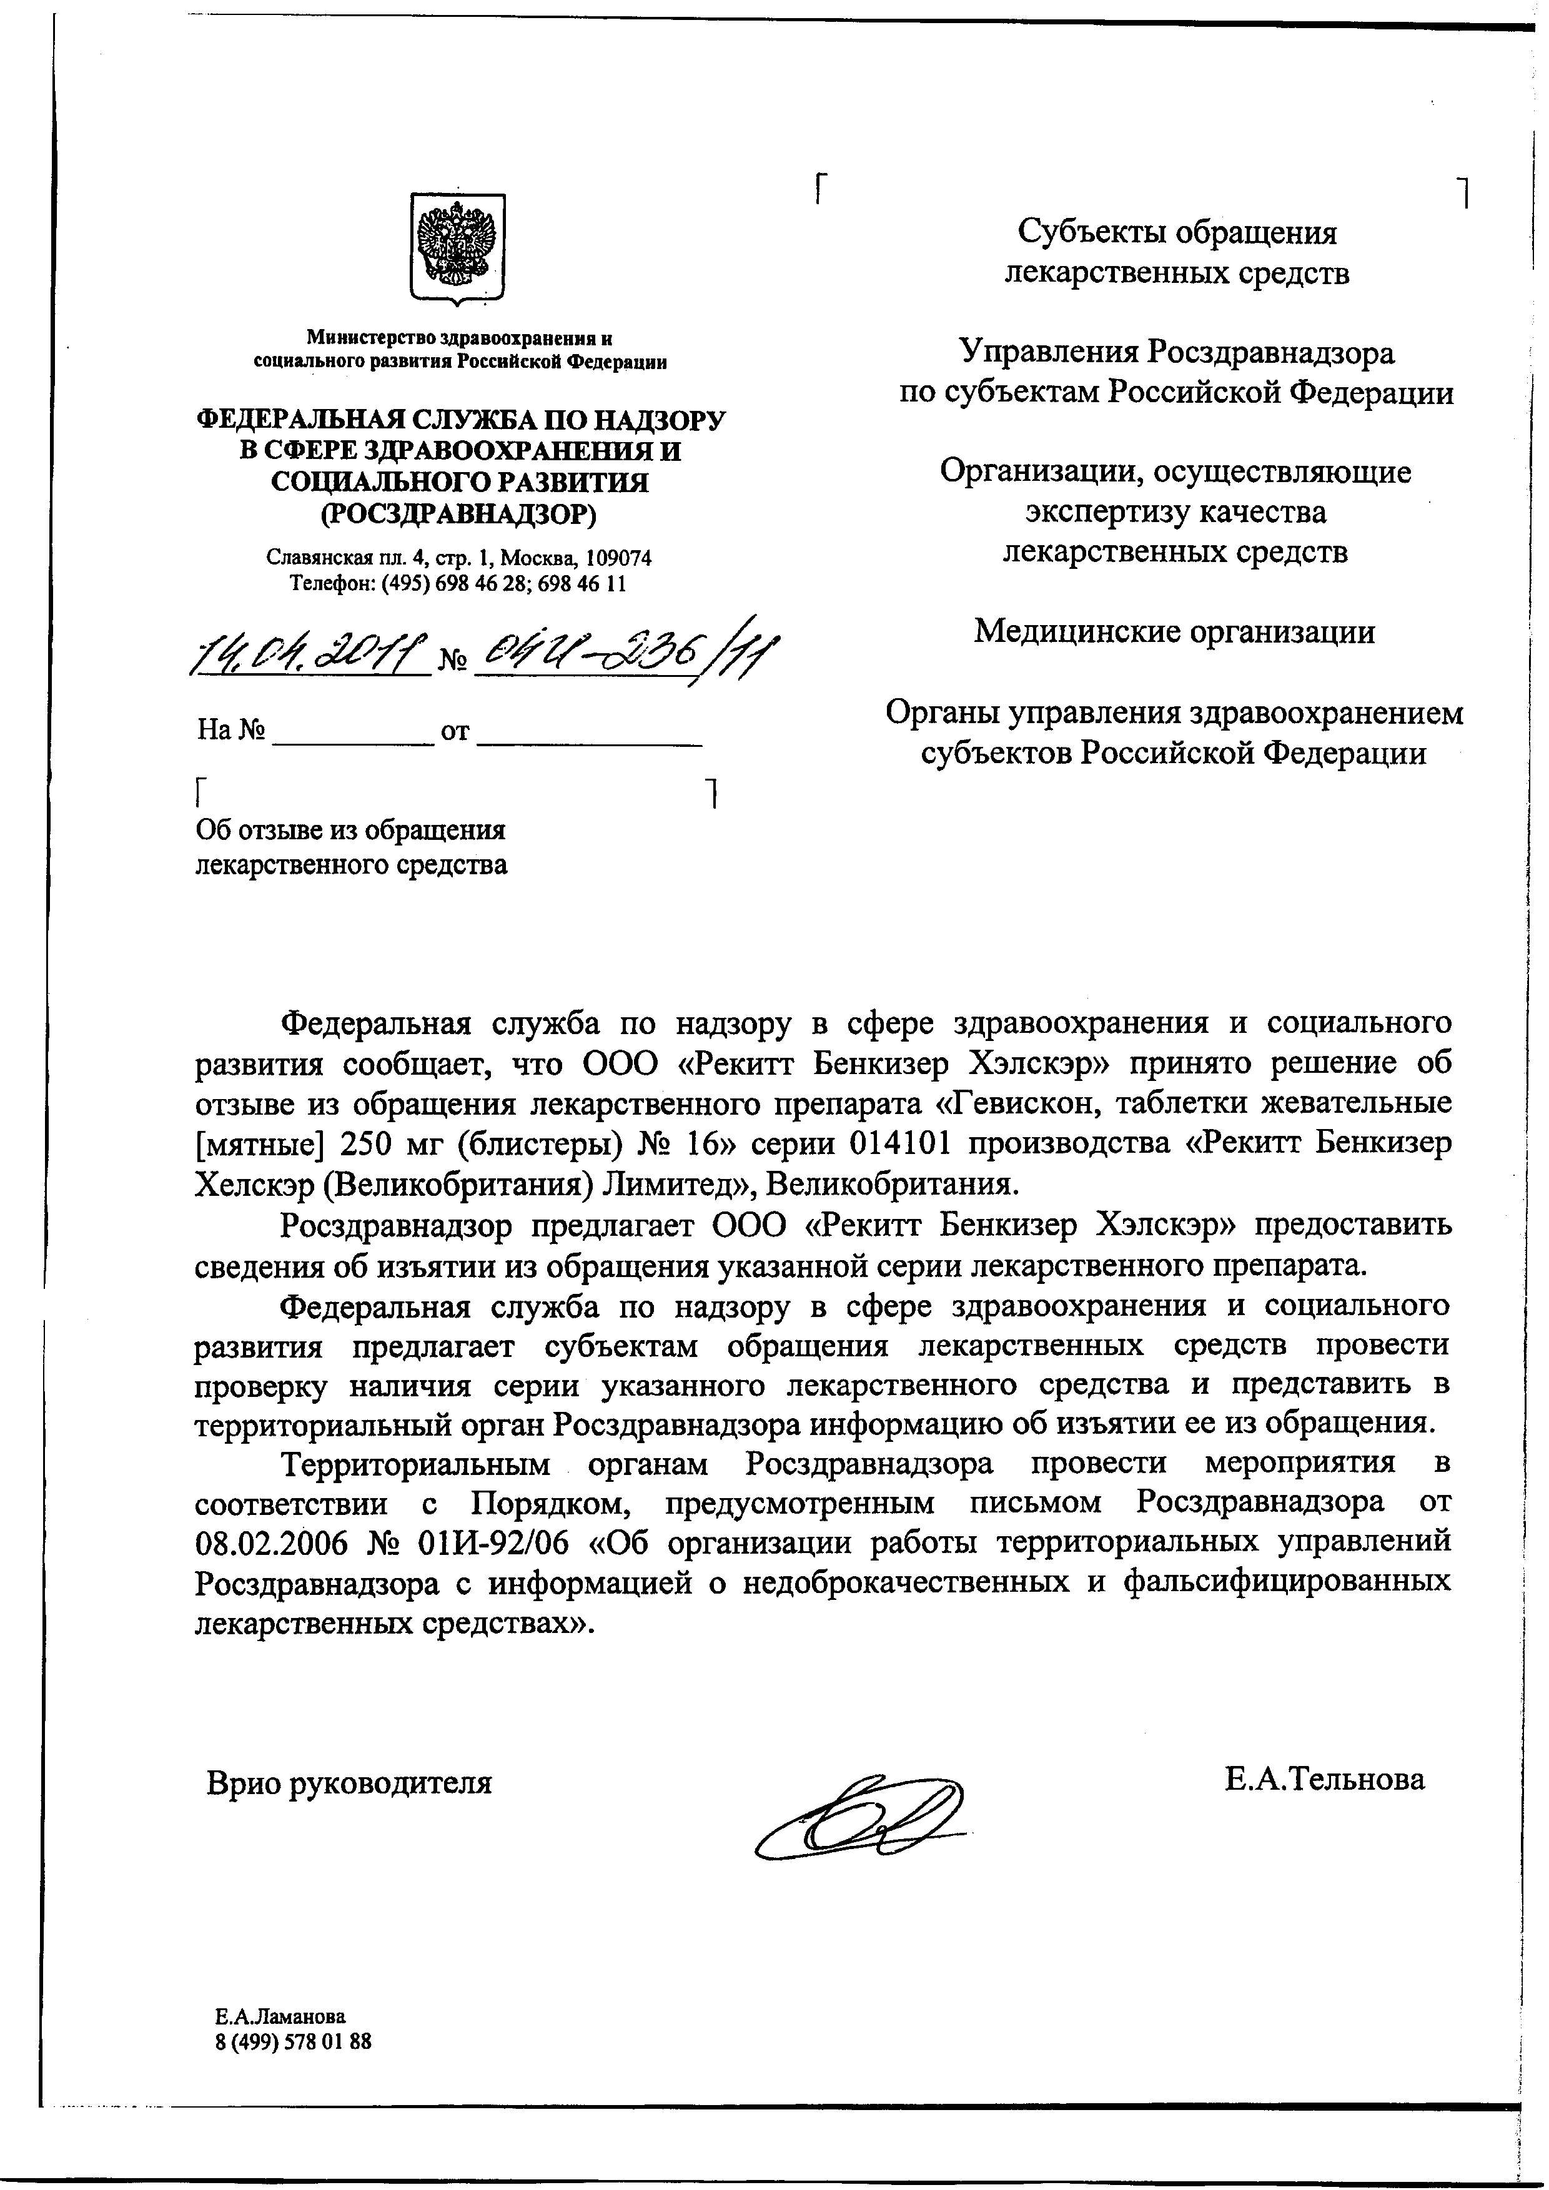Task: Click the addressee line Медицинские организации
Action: (x=1174, y=631)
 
